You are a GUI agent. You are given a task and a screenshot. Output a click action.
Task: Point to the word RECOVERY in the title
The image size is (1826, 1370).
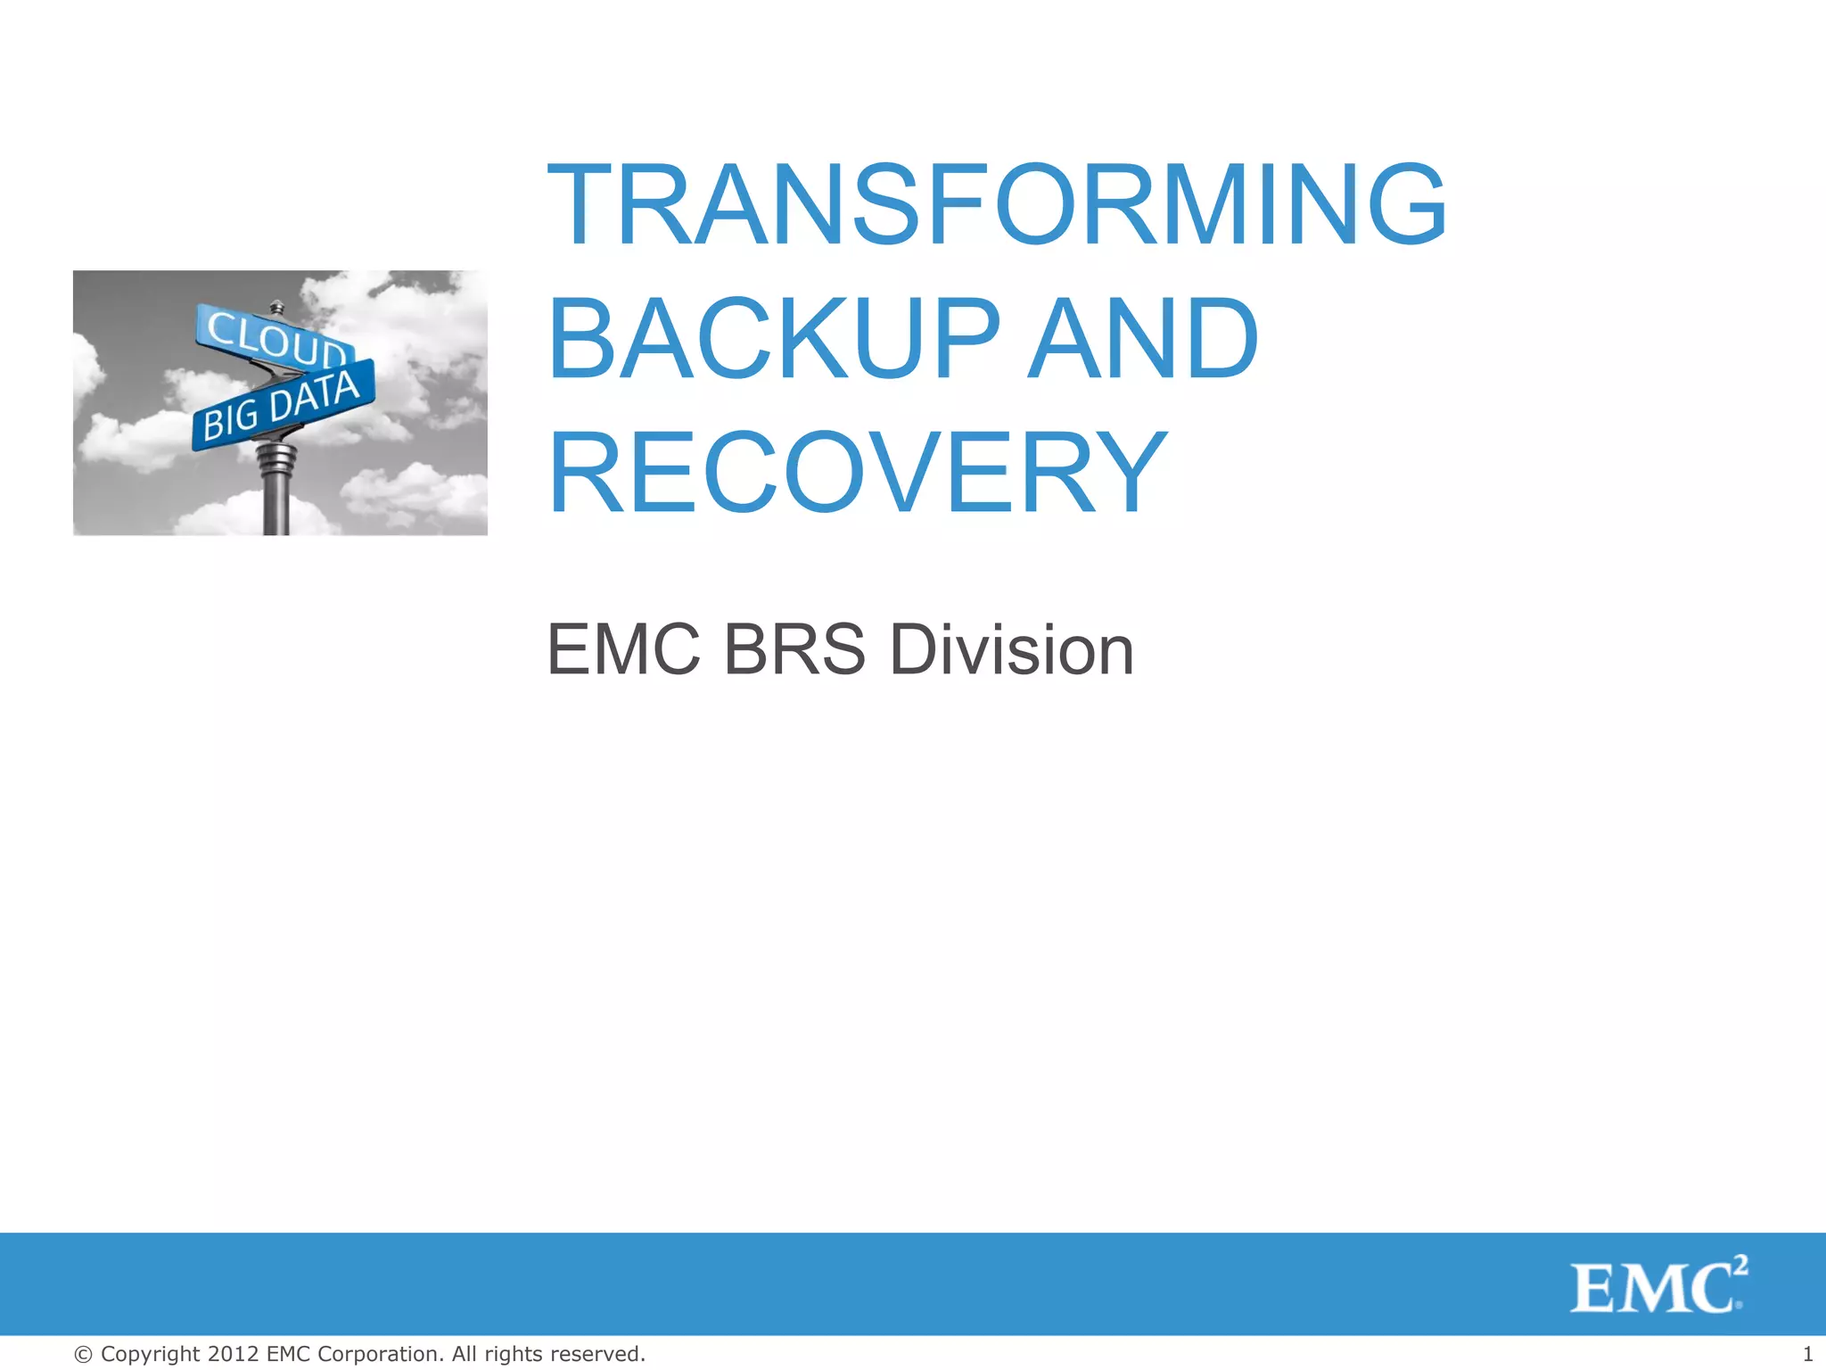click(857, 473)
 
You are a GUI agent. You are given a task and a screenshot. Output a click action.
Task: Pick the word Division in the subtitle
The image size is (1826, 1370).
click(1012, 649)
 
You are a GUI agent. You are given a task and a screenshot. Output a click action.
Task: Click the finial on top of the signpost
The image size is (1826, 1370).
click(276, 307)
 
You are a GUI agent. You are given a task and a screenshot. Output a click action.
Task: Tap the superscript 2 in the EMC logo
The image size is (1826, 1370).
click(1740, 1264)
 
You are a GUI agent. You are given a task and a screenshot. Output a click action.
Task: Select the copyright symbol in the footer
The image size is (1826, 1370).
click(83, 1354)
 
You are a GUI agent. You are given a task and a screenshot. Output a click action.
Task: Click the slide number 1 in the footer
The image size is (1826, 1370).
click(1807, 1354)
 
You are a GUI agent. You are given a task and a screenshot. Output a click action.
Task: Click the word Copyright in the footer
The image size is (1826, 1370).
click(151, 1354)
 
